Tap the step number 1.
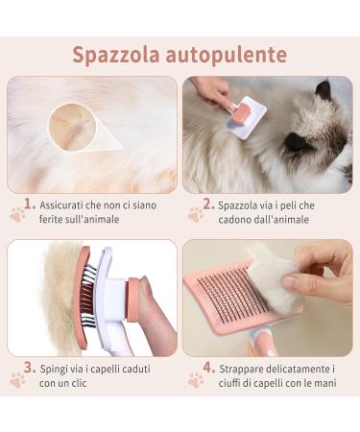pyautogui.click(x=30, y=204)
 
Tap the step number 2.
pyautogui.click(x=208, y=204)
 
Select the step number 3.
pyautogui.click(x=30, y=367)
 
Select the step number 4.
pyautogui.click(x=208, y=367)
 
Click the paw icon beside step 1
pyautogui.click(x=17, y=215)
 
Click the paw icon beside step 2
pyautogui.click(x=196, y=215)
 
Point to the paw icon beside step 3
pyautogui.click(x=17, y=379)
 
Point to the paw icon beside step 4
pyautogui.click(x=196, y=379)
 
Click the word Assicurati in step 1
pyautogui.click(x=66, y=204)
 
